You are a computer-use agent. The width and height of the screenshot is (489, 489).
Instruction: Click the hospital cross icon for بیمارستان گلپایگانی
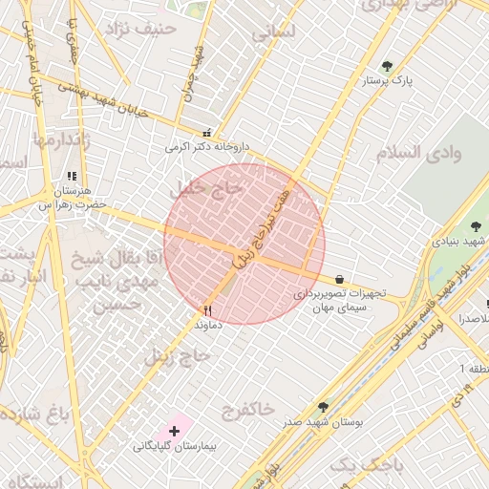tap(173, 432)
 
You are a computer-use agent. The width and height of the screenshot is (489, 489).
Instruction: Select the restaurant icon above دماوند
tap(207, 310)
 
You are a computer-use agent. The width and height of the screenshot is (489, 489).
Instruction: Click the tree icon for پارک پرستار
tap(387, 66)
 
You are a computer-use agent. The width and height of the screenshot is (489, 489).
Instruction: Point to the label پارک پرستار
tap(387, 82)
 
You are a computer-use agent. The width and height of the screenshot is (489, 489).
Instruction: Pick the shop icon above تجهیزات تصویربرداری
tap(340, 280)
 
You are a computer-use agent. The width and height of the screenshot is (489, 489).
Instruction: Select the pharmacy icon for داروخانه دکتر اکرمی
tap(207, 134)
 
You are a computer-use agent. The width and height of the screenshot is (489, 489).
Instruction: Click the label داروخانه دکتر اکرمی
tap(206, 148)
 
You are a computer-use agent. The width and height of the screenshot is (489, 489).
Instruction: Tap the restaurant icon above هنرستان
tap(72, 176)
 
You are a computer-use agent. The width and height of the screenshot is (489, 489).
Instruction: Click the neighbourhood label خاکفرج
tap(247, 410)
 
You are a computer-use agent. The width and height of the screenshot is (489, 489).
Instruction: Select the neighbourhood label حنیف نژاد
tap(142, 29)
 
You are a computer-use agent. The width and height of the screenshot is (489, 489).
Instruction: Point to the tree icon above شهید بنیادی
tap(476, 226)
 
